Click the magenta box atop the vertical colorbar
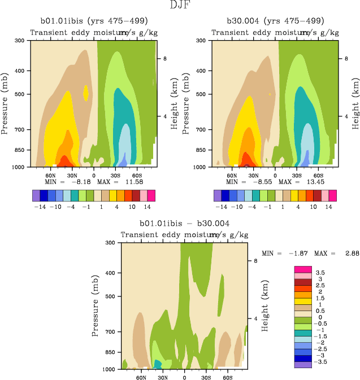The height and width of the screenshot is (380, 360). [x=303, y=269]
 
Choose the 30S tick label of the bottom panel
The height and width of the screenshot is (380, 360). [x=206, y=377]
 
